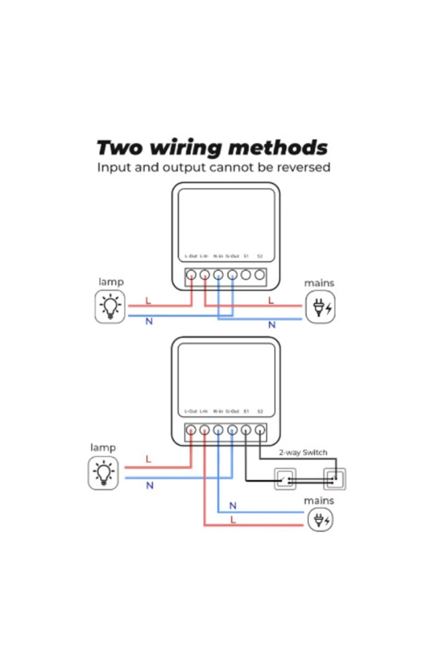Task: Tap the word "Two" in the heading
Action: point(120,147)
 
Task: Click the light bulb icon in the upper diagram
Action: point(110,306)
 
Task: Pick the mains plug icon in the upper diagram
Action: point(320,307)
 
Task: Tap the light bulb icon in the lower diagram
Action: point(103,473)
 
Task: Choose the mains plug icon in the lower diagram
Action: point(320,520)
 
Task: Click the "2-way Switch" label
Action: point(303,452)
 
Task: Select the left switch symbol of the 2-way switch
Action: point(285,479)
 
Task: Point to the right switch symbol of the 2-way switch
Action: point(334,479)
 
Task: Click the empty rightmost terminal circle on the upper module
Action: point(260,275)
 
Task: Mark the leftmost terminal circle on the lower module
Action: point(191,430)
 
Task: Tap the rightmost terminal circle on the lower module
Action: point(260,430)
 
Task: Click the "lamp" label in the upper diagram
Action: point(111,282)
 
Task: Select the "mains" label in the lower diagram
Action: point(319,501)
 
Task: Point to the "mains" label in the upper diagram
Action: point(319,283)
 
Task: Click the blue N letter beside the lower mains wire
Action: point(233,505)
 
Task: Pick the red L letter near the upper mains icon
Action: point(271,300)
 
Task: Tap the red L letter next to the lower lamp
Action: point(148,459)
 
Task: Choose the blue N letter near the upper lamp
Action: point(149,321)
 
